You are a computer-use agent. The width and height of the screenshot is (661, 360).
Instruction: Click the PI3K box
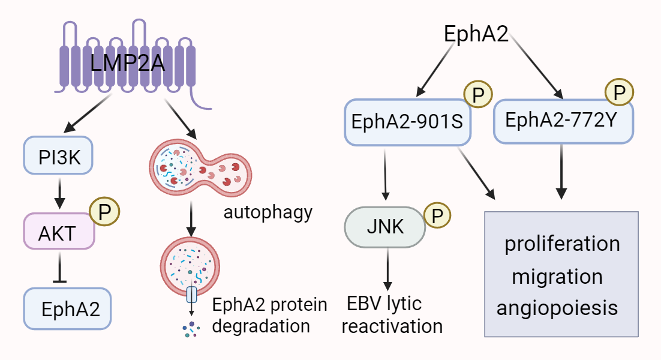click(x=58, y=157)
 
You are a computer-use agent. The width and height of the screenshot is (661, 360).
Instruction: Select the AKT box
click(x=59, y=232)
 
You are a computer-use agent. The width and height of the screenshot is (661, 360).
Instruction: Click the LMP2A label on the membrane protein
click(x=127, y=62)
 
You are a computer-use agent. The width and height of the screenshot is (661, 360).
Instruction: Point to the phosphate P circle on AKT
click(x=104, y=211)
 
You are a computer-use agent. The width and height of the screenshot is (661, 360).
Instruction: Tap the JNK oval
click(x=384, y=227)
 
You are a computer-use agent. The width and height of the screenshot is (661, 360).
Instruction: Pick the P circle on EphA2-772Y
click(x=620, y=93)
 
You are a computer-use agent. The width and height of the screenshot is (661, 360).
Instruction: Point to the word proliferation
click(x=562, y=244)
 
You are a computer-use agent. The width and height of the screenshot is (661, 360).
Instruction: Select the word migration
click(x=557, y=277)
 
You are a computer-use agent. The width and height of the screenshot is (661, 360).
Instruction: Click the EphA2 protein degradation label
click(x=270, y=314)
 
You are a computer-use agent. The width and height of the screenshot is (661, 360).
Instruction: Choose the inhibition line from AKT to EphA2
click(x=59, y=267)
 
